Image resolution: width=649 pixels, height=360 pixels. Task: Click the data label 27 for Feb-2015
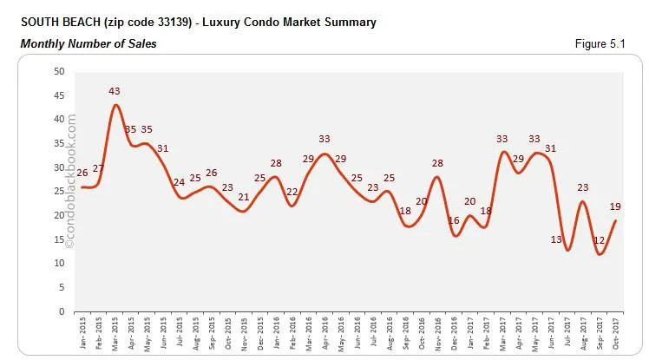click(x=98, y=169)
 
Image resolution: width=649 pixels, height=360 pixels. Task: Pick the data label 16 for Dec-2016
click(x=453, y=221)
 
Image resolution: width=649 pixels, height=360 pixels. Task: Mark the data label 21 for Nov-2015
click(x=244, y=197)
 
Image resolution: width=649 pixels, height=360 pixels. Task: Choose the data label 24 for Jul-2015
click(x=180, y=183)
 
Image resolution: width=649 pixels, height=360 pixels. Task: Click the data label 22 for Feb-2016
click(x=292, y=193)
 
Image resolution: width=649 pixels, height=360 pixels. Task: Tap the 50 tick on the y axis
click(x=59, y=71)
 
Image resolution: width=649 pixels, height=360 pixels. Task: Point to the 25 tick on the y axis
click(x=59, y=191)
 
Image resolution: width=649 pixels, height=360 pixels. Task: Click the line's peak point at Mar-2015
click(x=115, y=105)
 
